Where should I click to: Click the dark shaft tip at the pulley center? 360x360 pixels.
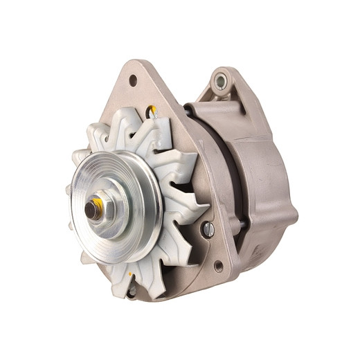point(91,207)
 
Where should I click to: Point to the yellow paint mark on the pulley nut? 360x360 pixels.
point(98,202)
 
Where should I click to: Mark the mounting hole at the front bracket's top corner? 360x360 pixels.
point(133,80)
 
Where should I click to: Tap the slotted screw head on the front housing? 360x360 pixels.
point(208,229)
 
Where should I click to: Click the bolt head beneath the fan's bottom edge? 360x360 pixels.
point(132,290)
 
